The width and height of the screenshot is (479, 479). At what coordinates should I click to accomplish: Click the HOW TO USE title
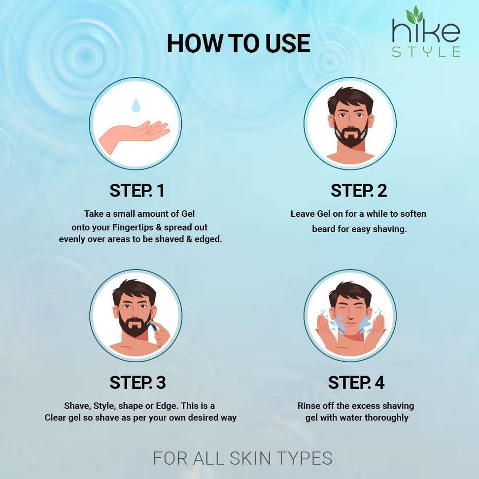pyautogui.click(x=239, y=43)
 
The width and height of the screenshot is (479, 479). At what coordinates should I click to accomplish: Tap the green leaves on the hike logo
pyautogui.click(x=414, y=14)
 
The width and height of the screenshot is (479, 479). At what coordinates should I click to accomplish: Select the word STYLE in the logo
pyautogui.click(x=426, y=52)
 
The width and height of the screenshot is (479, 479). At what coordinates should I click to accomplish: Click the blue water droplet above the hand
pyautogui.click(x=136, y=105)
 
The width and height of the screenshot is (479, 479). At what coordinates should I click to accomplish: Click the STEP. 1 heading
pyautogui.click(x=137, y=191)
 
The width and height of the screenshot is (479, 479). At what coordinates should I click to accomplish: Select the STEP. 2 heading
pyautogui.click(x=359, y=191)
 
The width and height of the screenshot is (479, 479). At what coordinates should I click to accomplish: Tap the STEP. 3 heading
pyautogui.click(x=137, y=382)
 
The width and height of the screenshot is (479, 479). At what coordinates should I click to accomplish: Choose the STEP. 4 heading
pyautogui.click(x=356, y=382)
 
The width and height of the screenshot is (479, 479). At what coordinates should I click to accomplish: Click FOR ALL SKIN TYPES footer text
pyautogui.click(x=242, y=458)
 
